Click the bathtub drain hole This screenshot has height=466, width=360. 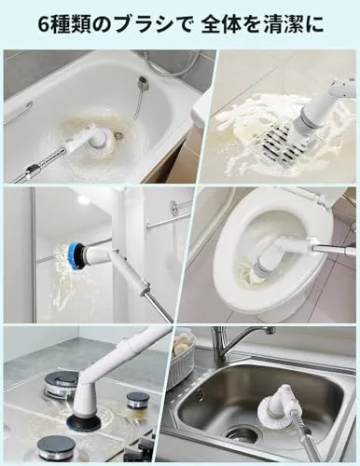point(118,135)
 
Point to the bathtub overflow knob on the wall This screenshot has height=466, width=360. point(143,83)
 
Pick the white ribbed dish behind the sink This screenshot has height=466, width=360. point(185,358)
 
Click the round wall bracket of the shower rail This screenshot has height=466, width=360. point(175,206)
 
